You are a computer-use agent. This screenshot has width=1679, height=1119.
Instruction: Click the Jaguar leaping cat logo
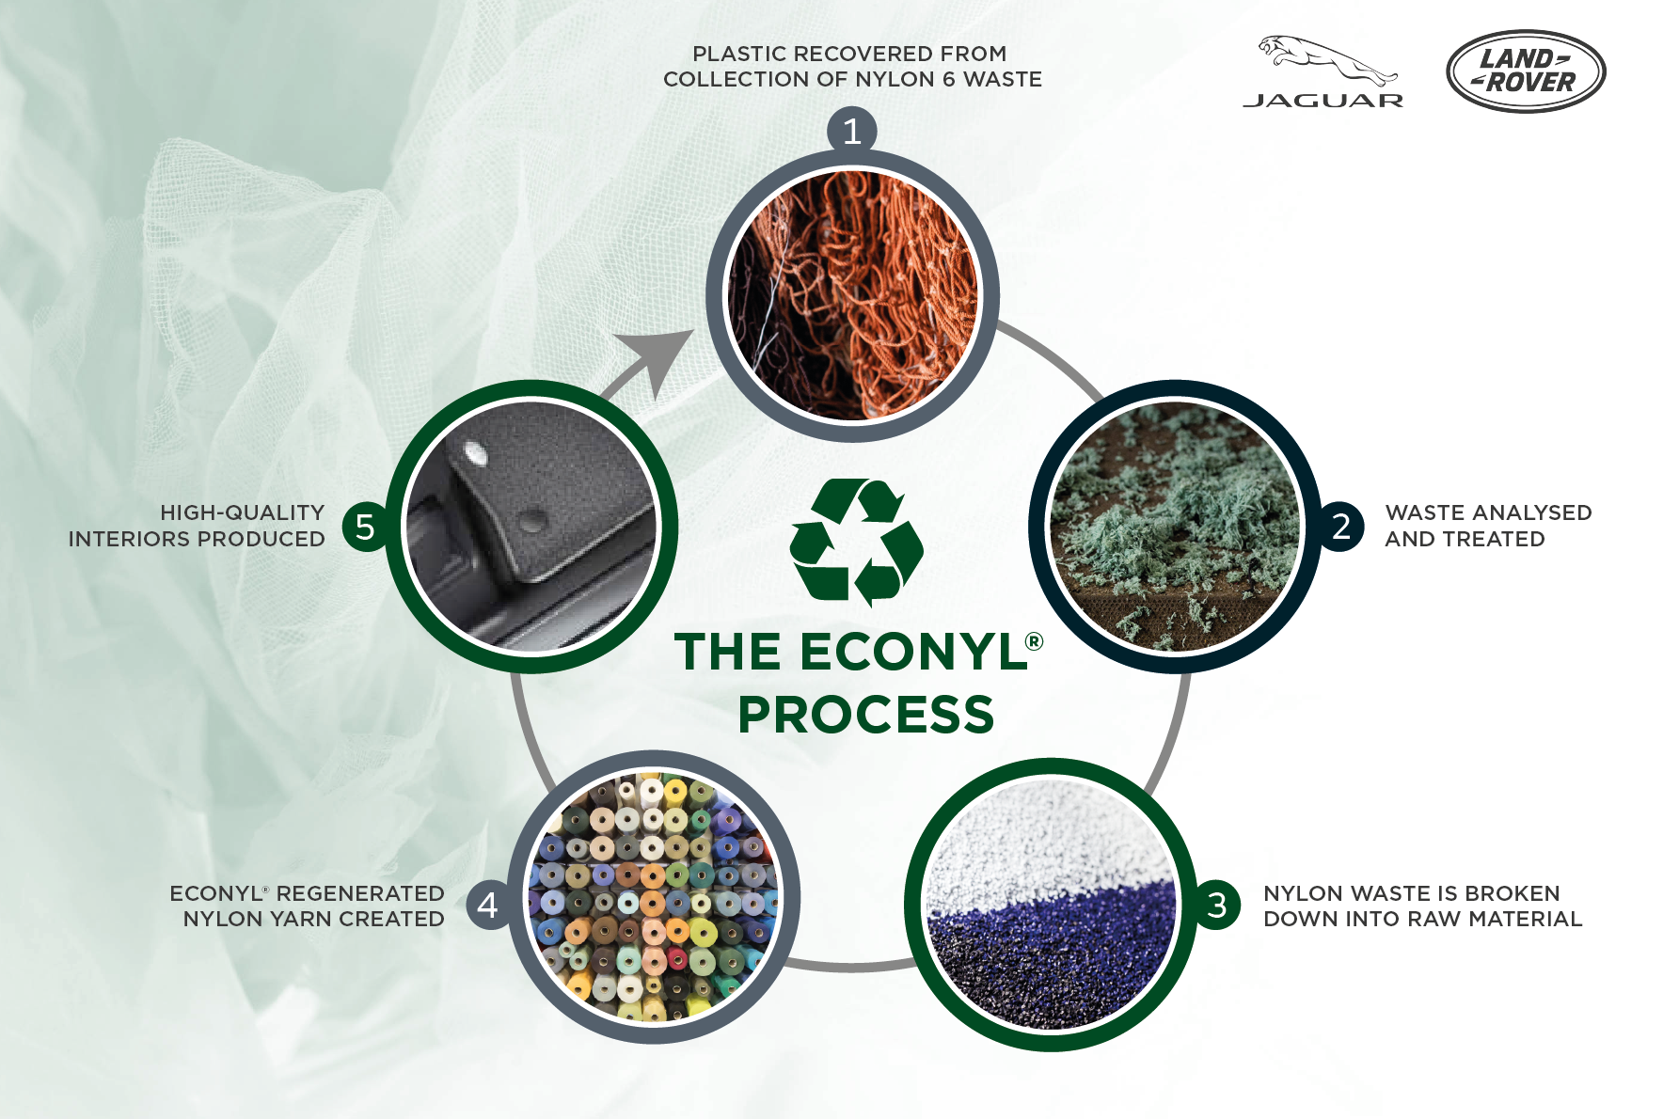pos(1326,60)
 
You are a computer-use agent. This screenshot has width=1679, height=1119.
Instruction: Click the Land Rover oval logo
pos(1525,71)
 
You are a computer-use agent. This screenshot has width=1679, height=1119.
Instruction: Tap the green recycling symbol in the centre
pos(856,542)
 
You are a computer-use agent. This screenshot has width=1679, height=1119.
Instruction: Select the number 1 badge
pos(852,132)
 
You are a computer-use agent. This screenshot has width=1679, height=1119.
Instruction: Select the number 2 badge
pos(1341,527)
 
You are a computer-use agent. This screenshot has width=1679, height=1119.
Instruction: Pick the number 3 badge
pos(1217,905)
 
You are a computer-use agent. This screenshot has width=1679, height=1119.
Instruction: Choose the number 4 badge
pos(488,905)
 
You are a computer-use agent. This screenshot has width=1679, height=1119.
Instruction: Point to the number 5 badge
pos(365,527)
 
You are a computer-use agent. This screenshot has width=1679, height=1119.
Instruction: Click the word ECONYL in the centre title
pos(912,653)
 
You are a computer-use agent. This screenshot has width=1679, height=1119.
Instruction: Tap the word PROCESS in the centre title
pos(865,715)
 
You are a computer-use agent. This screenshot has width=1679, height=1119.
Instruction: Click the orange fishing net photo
pos(852,295)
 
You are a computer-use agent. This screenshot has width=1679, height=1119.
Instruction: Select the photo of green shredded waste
pos(1175,527)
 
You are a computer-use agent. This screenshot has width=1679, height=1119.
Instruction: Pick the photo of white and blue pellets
pos(1051,905)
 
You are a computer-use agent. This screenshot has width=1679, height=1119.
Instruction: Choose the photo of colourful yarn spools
pos(654,897)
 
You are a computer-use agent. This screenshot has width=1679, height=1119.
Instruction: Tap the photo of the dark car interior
pos(531,527)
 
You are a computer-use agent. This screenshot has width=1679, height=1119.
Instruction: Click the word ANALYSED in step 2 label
pos(1526,512)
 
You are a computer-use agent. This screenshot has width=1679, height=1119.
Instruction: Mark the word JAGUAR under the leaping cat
pos(1323,101)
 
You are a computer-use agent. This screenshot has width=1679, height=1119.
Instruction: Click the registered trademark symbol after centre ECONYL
pos(1034,641)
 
